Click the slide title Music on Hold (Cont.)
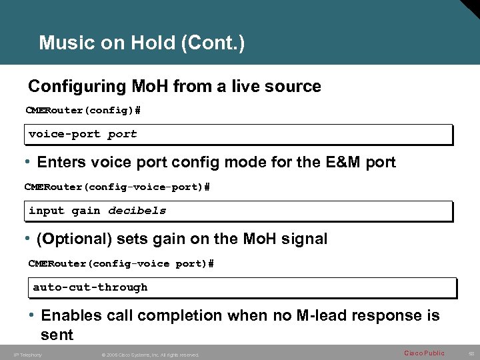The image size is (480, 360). pyautogui.click(x=141, y=43)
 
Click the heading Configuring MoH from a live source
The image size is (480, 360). pyautogui.click(x=174, y=87)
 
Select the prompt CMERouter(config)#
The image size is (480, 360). pyautogui.click(x=83, y=109)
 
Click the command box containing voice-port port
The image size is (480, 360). pyautogui.click(x=239, y=134)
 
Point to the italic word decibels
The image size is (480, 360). pyautogui.click(x=137, y=211)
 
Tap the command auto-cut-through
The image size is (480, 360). pyautogui.click(x=90, y=287)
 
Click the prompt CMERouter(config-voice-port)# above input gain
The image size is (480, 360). pyautogui.click(x=117, y=187)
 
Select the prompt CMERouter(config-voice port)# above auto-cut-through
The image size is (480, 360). pyautogui.click(x=121, y=263)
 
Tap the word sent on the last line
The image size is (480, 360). pyautogui.click(x=57, y=333)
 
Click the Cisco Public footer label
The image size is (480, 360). pyautogui.click(x=424, y=353)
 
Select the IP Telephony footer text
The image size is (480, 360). pyautogui.click(x=27, y=355)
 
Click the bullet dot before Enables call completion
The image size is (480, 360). pyautogui.click(x=32, y=315)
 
